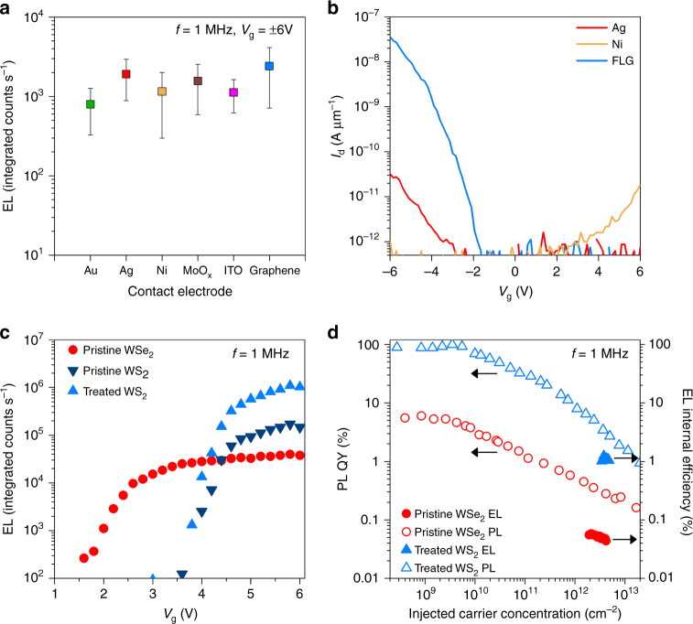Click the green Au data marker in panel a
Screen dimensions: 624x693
click(x=91, y=103)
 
